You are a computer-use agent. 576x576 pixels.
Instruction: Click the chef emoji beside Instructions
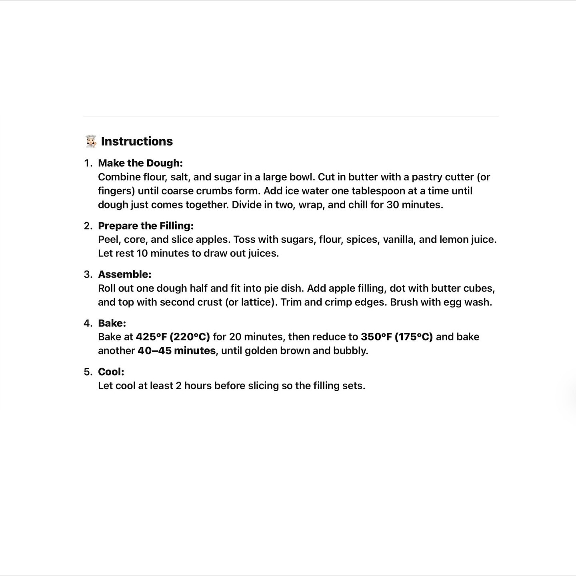tap(91, 141)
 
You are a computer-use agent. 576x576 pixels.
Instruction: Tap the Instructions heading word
tap(137, 141)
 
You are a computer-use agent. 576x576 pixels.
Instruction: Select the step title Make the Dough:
tap(140, 163)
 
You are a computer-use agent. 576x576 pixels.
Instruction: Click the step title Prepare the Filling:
tap(146, 226)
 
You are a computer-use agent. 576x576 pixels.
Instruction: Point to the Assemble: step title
tap(125, 274)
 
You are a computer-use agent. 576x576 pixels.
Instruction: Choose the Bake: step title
tap(112, 323)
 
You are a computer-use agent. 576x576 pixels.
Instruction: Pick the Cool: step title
tap(111, 372)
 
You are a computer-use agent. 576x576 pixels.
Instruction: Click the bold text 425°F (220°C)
tap(173, 337)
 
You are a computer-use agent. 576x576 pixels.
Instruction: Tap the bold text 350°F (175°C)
tap(397, 337)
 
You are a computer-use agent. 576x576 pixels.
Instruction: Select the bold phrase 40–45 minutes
tap(177, 351)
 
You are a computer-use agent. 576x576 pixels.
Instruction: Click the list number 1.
tap(88, 163)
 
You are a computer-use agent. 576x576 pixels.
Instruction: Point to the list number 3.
tap(88, 274)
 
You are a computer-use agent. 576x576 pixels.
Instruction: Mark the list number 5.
tap(88, 372)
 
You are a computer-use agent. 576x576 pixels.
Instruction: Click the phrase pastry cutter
tap(443, 177)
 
